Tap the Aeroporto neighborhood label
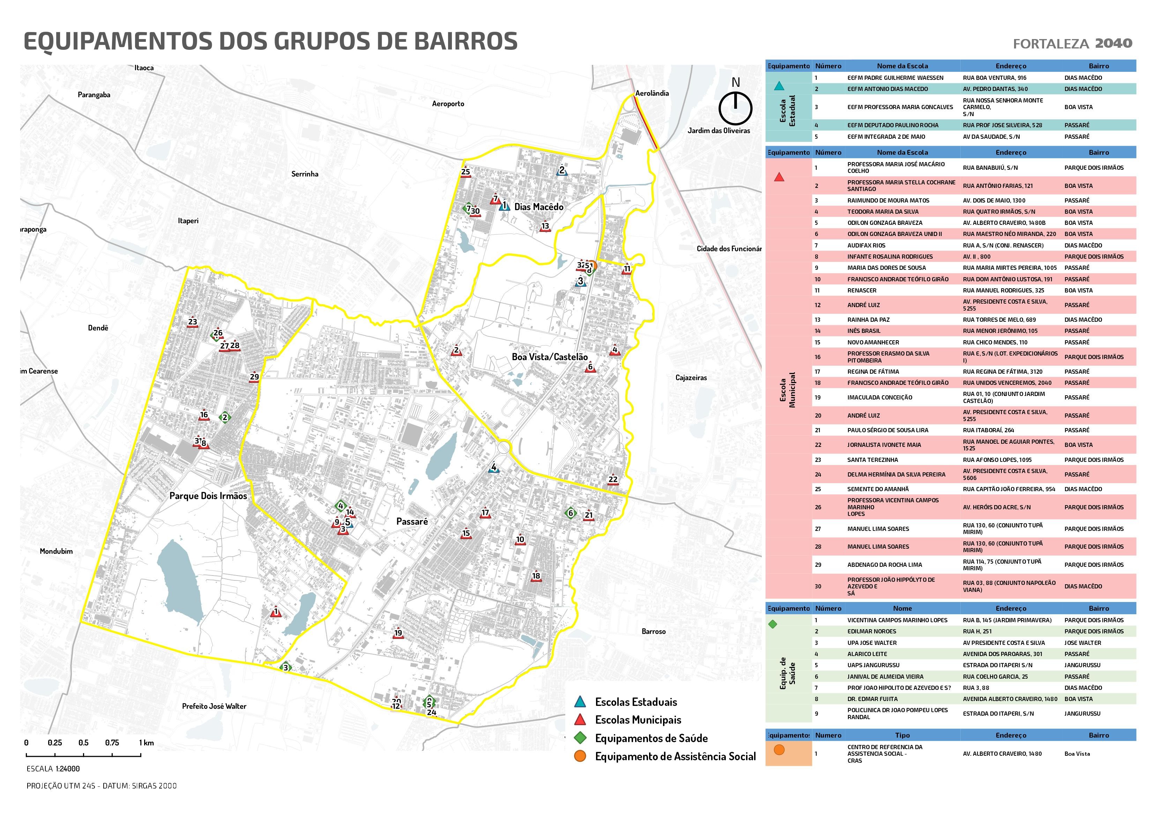pyautogui.click(x=448, y=104)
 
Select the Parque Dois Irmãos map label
pyautogui.click(x=208, y=496)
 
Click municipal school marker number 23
pyautogui.click(x=193, y=323)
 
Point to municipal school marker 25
pyautogui.click(x=466, y=172)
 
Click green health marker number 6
pyautogui.click(x=570, y=513)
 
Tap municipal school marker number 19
pyautogui.click(x=398, y=633)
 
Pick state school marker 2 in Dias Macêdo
pyautogui.click(x=562, y=171)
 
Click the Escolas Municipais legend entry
pyautogui.click(x=638, y=719)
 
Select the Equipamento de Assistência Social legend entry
pyautogui.click(x=675, y=756)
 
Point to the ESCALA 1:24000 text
pyautogui.click(x=53, y=769)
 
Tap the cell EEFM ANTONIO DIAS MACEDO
pyautogui.click(x=888, y=89)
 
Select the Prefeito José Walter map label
pyautogui.click(x=214, y=706)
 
